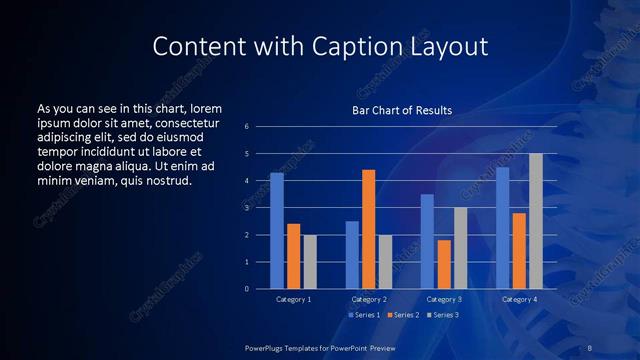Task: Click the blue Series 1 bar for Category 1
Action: point(277,231)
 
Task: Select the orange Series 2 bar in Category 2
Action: point(368,229)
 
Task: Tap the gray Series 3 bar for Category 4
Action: point(536,221)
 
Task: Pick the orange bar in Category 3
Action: point(444,264)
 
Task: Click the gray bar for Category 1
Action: point(310,262)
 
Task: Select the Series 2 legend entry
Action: point(402,315)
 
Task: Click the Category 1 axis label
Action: point(294,299)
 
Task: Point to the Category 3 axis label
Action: point(444,299)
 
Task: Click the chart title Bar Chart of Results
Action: point(402,110)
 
